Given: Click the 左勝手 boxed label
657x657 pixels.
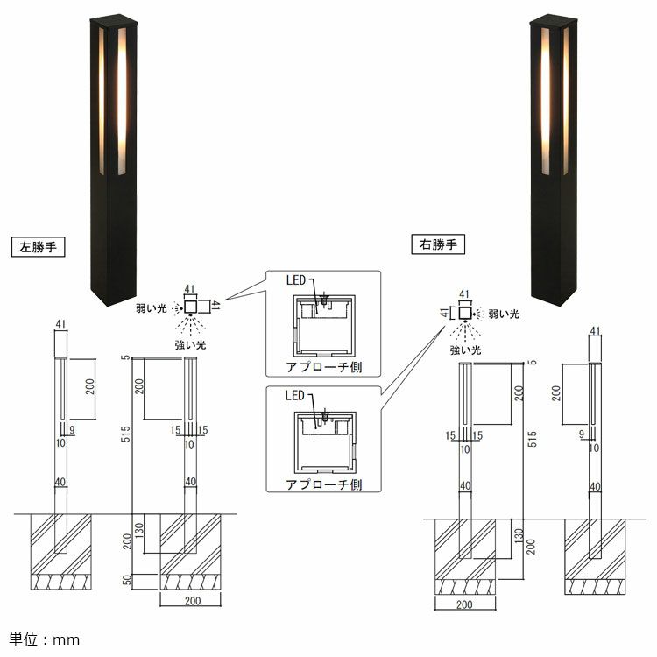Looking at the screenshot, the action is tap(39, 247).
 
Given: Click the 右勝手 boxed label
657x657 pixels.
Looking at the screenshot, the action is tap(438, 244).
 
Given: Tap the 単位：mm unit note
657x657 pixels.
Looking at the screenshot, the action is tap(45, 639).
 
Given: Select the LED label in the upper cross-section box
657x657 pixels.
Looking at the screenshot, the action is tap(296, 280).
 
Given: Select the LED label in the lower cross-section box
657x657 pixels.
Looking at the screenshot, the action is tap(295, 396).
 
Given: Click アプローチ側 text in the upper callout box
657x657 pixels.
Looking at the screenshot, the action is tap(324, 367).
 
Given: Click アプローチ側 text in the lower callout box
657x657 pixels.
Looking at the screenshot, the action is tap(324, 484).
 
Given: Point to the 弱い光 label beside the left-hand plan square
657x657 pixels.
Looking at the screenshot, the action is tap(152, 308).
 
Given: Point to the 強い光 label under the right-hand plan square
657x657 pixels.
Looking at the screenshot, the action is tap(465, 350).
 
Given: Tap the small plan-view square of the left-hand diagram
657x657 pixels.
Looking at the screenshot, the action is tap(191, 307).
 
